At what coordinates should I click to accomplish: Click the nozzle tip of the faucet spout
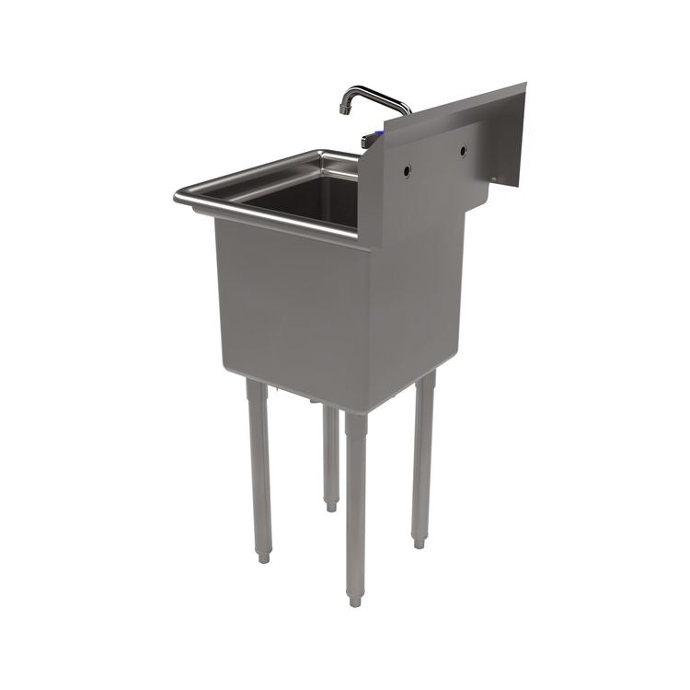(x=343, y=109)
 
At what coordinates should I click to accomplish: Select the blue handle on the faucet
(x=368, y=140)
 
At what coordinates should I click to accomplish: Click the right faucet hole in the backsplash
(x=463, y=150)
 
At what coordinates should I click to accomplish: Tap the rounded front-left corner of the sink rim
(x=179, y=196)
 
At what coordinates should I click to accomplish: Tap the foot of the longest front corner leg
(x=354, y=600)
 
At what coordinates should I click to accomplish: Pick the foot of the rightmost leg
(x=419, y=542)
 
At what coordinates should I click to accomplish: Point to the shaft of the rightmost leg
(x=422, y=460)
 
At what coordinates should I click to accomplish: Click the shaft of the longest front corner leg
(x=355, y=506)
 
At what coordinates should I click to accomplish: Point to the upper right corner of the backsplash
(x=524, y=86)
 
